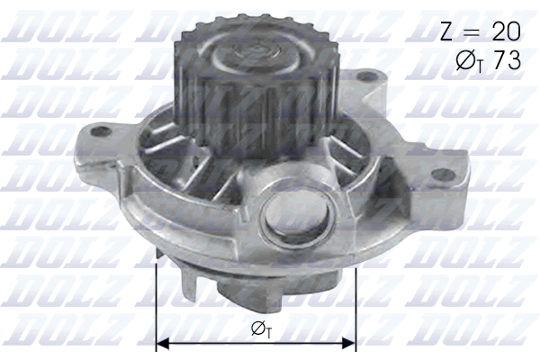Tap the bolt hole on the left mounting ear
(101, 131)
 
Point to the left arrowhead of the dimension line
(163, 342)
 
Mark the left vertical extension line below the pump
(157, 297)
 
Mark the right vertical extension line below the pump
(356, 297)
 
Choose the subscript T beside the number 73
(478, 67)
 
